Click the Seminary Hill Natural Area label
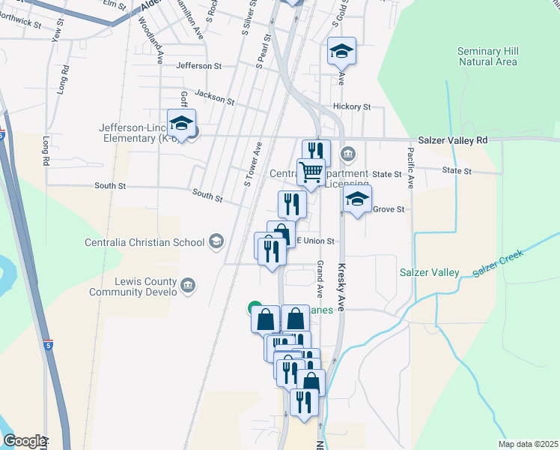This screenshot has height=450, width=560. click(487, 56)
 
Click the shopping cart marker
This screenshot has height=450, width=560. click(311, 171)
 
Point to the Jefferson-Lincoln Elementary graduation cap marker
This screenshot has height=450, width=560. click(180, 122)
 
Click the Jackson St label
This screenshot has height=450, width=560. click(214, 97)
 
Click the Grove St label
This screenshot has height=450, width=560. click(389, 209)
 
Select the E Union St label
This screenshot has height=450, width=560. click(315, 241)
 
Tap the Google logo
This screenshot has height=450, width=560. click(24, 441)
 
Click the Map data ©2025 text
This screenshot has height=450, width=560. click(528, 444)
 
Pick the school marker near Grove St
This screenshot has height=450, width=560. click(357, 199)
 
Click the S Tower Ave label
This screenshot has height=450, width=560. click(252, 164)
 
